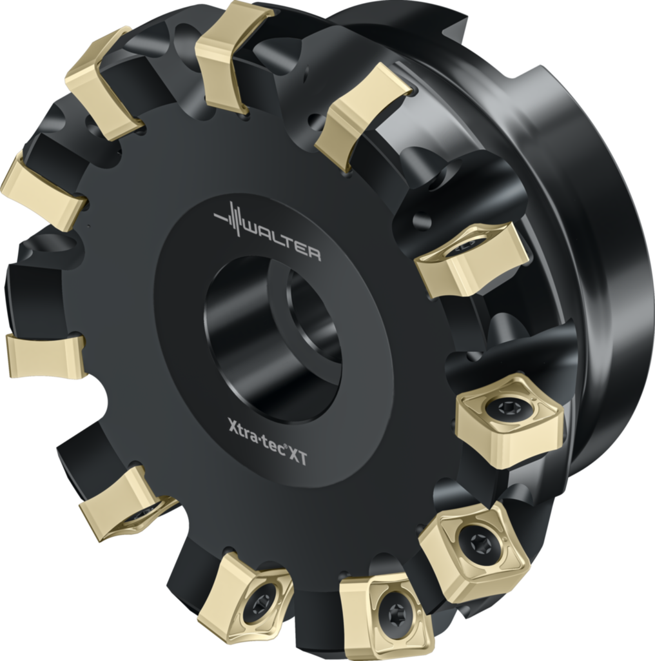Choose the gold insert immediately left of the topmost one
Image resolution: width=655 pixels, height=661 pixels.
point(103,83)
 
